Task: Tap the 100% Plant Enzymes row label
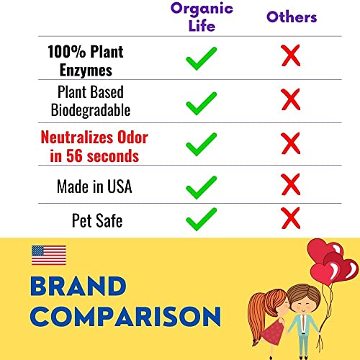(x=85, y=60)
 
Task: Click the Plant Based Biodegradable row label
(x=90, y=102)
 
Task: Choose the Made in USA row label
(x=93, y=186)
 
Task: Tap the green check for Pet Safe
(x=202, y=218)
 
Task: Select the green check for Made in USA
(x=202, y=186)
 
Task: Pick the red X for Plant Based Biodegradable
(x=290, y=99)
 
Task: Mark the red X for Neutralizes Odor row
(x=290, y=141)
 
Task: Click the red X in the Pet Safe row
(x=290, y=216)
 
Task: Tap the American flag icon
(x=49, y=255)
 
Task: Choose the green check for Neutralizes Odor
(x=202, y=145)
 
